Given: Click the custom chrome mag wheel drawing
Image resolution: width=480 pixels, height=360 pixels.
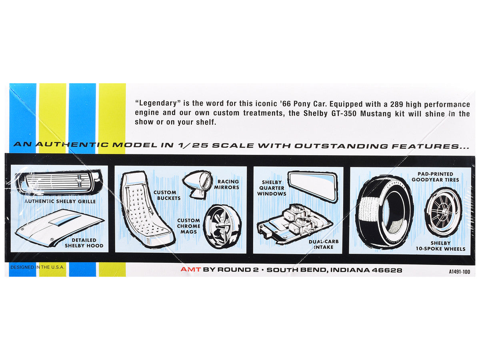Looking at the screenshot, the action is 222,227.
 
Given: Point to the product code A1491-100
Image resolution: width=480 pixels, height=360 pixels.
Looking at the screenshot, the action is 459,272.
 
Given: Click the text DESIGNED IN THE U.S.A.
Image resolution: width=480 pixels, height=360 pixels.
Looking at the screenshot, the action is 37,267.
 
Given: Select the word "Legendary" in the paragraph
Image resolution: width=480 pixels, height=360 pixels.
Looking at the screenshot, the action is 158,103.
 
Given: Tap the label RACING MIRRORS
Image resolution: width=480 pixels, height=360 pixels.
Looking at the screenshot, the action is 226,184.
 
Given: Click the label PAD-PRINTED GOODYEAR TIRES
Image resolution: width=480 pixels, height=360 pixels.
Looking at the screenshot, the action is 435,177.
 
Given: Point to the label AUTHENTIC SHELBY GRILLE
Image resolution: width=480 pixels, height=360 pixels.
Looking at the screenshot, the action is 60,201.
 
